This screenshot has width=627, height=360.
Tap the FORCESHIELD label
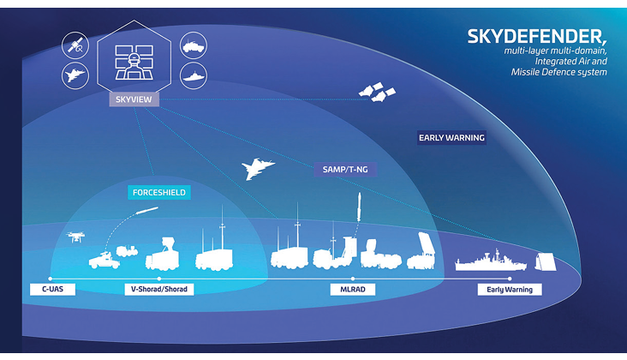(158, 192)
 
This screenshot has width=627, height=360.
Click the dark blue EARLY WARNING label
(451, 137)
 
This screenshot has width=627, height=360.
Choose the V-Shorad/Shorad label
(158, 289)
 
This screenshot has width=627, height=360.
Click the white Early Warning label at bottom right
(509, 289)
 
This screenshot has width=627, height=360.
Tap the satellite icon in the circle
(74, 45)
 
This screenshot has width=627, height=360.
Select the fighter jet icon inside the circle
(74, 75)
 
